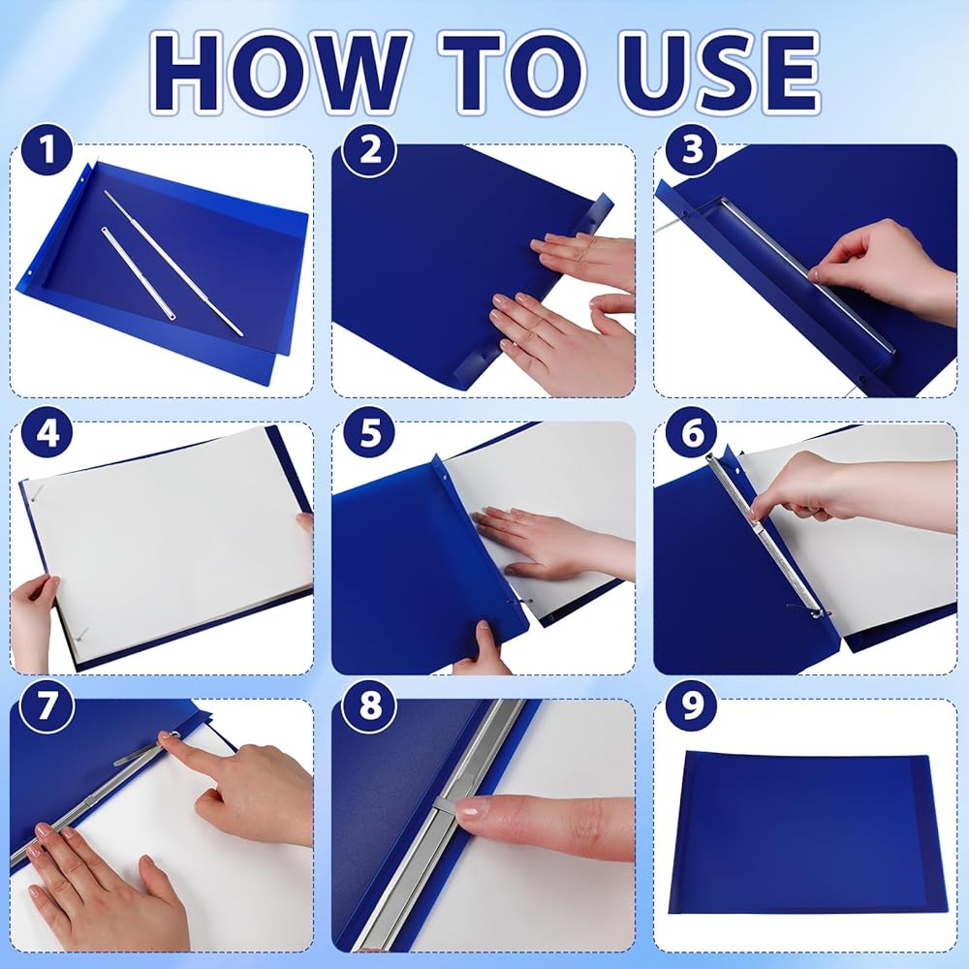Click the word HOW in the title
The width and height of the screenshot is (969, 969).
[x=279, y=72]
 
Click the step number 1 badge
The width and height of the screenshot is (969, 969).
[x=47, y=150]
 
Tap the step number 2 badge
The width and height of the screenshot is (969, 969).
[x=369, y=150]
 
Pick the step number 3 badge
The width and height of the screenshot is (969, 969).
[x=692, y=150]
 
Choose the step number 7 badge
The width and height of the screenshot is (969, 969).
[x=47, y=705]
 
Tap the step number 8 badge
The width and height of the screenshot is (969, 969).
[x=369, y=705]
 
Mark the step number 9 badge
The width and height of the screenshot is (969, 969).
[x=692, y=705]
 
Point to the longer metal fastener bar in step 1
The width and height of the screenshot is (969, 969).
[x=173, y=263]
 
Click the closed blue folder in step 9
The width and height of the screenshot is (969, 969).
[x=807, y=832]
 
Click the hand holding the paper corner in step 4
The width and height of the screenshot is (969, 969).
[x=34, y=621]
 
